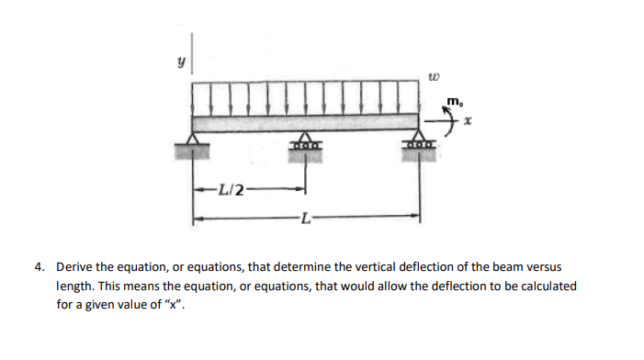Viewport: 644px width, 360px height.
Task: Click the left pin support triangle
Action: coord(192,140)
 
